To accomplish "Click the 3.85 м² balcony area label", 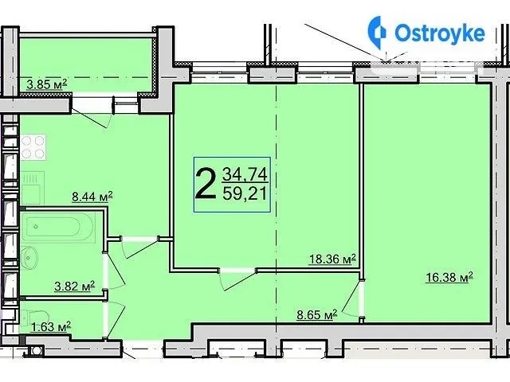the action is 46,84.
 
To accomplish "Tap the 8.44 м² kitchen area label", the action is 92,197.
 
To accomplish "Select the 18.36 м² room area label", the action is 332,259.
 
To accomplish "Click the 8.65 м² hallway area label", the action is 317,314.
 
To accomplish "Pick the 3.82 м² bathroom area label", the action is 74,286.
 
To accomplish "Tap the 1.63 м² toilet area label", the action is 51,326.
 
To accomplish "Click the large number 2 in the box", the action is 206,185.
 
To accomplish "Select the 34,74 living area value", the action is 245,175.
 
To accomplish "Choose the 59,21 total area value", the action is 245,194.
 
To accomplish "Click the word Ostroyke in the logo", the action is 440,33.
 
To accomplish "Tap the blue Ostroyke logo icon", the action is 377,33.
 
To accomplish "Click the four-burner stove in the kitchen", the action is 33,147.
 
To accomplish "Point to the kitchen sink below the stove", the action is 32,188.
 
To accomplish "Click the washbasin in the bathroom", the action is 29,258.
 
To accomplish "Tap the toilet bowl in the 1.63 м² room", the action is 36,318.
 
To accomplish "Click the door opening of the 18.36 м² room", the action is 237,271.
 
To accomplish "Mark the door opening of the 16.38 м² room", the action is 361,298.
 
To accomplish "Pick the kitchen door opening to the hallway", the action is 140,239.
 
